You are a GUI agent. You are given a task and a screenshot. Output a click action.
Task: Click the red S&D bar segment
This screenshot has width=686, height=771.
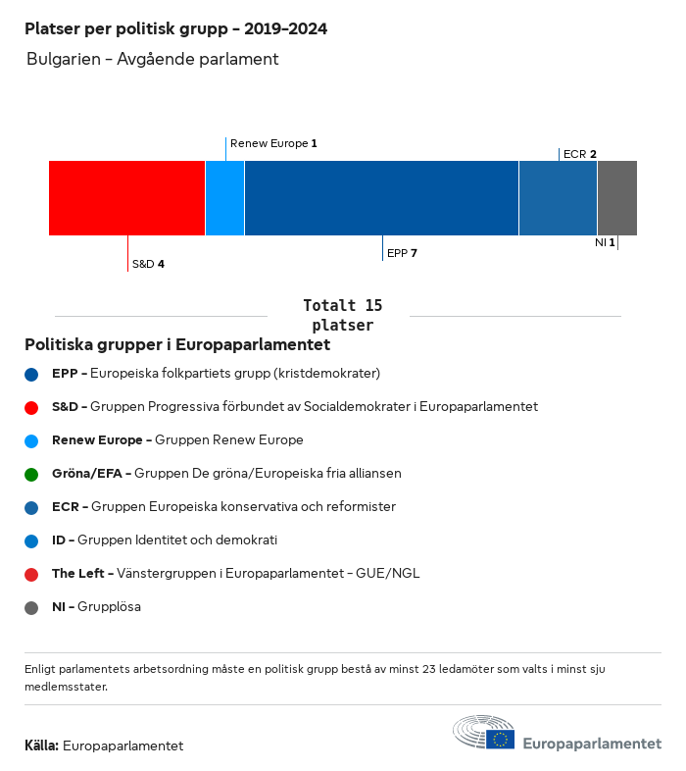click(x=126, y=198)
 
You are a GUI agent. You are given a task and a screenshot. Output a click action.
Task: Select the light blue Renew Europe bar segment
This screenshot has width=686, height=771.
click(x=224, y=198)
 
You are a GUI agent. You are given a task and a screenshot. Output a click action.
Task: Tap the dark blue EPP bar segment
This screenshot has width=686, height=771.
click(x=381, y=198)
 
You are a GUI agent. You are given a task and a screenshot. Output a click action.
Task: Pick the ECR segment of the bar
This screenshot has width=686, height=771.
click(x=558, y=198)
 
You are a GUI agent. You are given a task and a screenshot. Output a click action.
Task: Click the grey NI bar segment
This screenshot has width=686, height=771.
click(x=617, y=198)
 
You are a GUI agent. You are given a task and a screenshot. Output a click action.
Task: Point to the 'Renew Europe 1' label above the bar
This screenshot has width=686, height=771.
click(x=273, y=143)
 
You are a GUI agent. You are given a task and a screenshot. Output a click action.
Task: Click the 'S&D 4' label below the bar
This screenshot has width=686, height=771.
click(x=148, y=264)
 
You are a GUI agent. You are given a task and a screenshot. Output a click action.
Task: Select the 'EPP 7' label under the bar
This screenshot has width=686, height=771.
click(x=403, y=253)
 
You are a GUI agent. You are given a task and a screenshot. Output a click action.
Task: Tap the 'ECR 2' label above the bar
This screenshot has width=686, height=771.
click(x=580, y=154)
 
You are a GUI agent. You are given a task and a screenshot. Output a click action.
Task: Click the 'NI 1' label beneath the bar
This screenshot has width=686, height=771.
click(x=605, y=242)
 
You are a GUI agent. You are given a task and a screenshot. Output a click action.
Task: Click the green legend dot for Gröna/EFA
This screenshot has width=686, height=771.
click(x=31, y=474)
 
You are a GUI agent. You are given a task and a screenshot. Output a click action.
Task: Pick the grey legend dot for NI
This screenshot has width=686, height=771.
click(x=31, y=607)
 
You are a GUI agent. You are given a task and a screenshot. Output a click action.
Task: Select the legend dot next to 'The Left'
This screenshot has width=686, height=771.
click(x=31, y=574)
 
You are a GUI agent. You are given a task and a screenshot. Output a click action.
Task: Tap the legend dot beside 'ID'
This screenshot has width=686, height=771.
click(x=31, y=540)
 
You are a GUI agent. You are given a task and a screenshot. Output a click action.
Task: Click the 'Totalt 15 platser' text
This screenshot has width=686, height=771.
click(x=342, y=316)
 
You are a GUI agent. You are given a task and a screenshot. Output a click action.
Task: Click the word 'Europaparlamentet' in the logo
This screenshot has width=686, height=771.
click(x=592, y=745)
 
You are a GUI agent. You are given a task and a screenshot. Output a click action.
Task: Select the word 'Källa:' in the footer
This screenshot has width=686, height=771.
click(x=41, y=745)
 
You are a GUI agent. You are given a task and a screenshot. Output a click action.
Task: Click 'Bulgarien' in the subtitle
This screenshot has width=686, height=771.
click(x=63, y=59)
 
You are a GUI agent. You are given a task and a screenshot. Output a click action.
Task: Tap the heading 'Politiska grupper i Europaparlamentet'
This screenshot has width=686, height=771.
click(x=177, y=345)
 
